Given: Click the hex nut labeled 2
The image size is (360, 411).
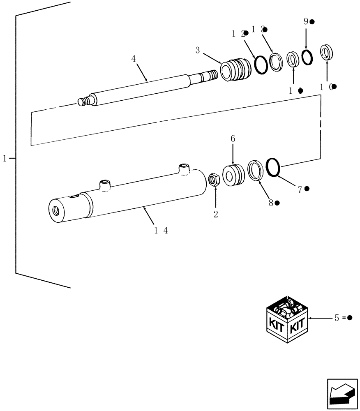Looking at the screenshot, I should (x=214, y=180).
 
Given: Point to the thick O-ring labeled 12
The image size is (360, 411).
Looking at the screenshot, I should (x=260, y=65).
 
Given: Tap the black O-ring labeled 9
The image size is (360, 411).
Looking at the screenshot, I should (x=307, y=57).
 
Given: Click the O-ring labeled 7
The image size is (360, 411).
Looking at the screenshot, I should (x=273, y=167).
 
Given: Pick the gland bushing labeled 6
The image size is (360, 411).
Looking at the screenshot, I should (x=233, y=174).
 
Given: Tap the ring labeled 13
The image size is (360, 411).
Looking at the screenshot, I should (x=276, y=62).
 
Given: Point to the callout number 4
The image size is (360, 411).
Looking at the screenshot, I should (x=134, y=59).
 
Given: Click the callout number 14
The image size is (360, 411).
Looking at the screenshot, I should (x=161, y=231).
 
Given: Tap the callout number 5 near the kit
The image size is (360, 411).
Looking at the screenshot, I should (x=337, y=318).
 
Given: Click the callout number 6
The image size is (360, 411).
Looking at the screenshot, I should (x=233, y=140).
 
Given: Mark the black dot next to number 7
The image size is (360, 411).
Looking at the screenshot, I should (x=307, y=189).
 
